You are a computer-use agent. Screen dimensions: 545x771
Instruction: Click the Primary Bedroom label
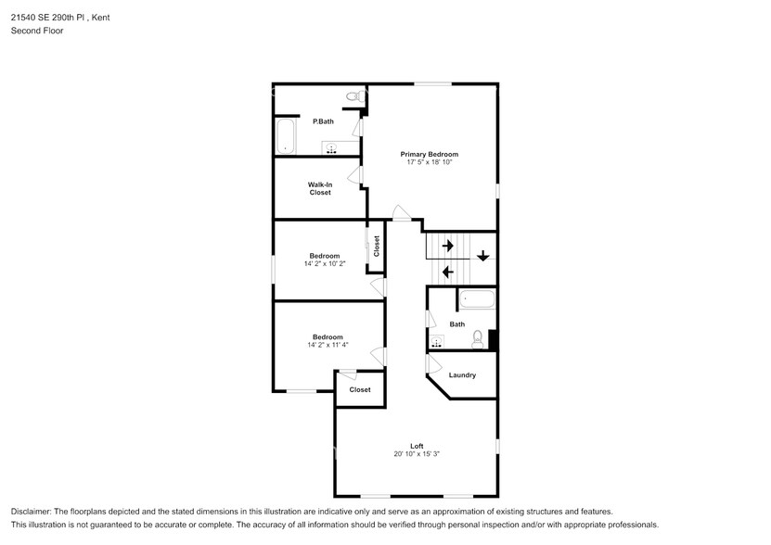coord(429,154)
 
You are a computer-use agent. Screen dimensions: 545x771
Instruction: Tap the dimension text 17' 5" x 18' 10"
coord(429,163)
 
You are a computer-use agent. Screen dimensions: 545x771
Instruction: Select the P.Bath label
coord(323,121)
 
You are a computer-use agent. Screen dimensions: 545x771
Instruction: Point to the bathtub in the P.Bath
coord(285,136)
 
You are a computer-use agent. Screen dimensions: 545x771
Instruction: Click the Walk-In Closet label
coord(319,188)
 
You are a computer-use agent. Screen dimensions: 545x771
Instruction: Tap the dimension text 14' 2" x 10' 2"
coord(324,264)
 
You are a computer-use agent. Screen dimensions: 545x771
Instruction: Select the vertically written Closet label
coord(377,247)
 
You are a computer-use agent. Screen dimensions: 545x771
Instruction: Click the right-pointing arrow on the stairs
coord(447,246)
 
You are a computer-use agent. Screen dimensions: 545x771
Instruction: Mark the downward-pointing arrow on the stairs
coord(482,257)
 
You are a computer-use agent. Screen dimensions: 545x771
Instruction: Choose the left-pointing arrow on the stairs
coord(447,272)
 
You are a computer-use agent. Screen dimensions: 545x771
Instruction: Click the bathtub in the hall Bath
coord(477,299)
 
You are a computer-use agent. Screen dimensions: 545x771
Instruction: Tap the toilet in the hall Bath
coord(478,338)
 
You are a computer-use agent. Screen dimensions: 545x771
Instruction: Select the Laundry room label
coord(462,375)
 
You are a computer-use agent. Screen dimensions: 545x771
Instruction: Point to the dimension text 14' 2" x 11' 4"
coord(327,346)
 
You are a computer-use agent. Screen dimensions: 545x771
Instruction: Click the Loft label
coord(417,446)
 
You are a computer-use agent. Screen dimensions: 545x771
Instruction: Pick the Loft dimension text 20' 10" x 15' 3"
coord(417,454)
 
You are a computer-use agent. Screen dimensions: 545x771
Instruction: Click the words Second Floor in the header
coord(36,31)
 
